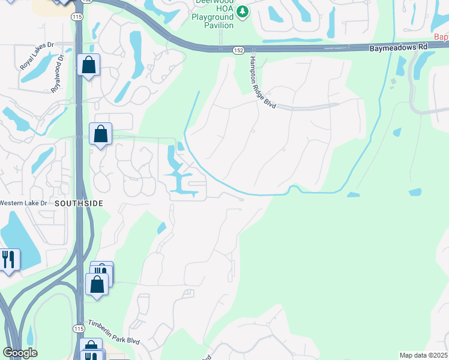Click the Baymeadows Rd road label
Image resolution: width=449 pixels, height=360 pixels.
tap(399, 46)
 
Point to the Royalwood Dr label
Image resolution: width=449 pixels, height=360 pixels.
tap(57, 73)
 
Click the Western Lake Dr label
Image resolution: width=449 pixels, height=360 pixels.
tap(22, 203)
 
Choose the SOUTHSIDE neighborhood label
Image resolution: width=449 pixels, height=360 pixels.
tap(79, 203)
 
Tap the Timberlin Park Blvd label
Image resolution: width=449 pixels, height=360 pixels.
tap(113, 332)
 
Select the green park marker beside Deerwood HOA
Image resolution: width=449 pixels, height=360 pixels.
tap(242, 11)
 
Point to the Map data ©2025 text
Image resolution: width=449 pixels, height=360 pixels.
tap(423, 355)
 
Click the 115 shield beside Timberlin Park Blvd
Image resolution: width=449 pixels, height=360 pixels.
tap(79, 328)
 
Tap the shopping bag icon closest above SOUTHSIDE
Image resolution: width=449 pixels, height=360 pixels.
tap(100, 134)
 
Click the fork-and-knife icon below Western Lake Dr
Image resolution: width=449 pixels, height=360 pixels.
tap(9, 259)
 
